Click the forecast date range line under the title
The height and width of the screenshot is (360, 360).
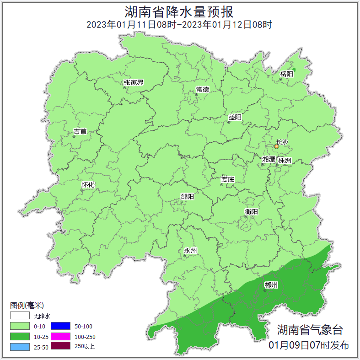[x=179, y=25]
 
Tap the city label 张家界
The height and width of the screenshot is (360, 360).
[x=134, y=82]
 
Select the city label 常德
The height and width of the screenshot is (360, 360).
[x=202, y=89]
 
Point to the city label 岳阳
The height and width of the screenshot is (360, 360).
[x=286, y=74]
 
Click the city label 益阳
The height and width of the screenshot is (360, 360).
[x=235, y=117]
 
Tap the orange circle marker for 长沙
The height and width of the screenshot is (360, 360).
[x=276, y=146]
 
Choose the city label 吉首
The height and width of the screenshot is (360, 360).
[x=80, y=131]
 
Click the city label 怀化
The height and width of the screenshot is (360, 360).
[x=88, y=185]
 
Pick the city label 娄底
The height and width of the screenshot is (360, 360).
[x=227, y=179]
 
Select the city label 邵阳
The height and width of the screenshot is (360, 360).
[x=187, y=197]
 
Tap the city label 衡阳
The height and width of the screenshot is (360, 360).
[x=251, y=211]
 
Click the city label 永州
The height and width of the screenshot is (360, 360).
[x=190, y=250]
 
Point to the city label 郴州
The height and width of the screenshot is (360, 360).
[x=271, y=285]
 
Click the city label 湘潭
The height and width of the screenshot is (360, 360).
[x=269, y=159]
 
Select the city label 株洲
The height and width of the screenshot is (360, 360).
[x=284, y=161]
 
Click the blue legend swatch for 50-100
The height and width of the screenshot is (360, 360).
[x=60, y=326]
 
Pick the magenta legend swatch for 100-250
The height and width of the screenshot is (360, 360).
[x=60, y=336]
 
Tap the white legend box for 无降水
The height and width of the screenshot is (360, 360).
[x=20, y=316]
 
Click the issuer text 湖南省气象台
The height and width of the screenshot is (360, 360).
[x=310, y=329]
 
